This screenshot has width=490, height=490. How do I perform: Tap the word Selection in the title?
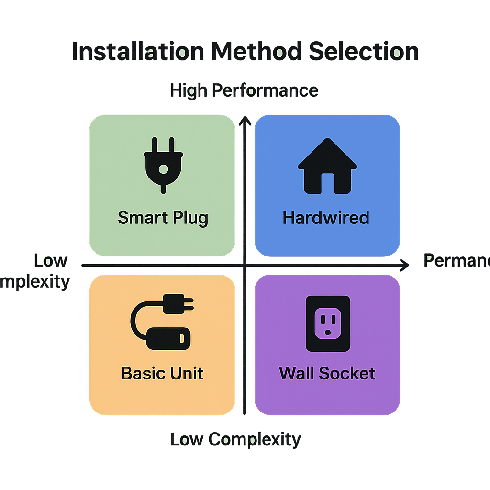(x=363, y=52)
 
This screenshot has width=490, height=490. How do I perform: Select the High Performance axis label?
(x=244, y=90)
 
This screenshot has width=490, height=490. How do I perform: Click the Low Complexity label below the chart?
(x=235, y=439)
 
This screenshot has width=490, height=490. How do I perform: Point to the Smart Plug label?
(x=163, y=218)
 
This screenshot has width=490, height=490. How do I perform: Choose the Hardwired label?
(x=326, y=218)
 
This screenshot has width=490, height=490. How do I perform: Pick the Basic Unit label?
(x=163, y=373)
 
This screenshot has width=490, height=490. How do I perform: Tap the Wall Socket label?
(x=327, y=373)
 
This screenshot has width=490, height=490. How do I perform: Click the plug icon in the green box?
(x=163, y=165)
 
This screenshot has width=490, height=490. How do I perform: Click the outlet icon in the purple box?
(x=328, y=323)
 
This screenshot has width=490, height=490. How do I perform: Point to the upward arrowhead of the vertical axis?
(x=245, y=119)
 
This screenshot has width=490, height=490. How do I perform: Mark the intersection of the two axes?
(x=245, y=265)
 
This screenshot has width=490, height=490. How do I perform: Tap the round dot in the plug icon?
(x=163, y=169)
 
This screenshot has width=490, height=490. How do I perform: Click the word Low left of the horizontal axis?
(x=51, y=261)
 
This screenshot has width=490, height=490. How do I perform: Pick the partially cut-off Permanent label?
(x=457, y=261)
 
